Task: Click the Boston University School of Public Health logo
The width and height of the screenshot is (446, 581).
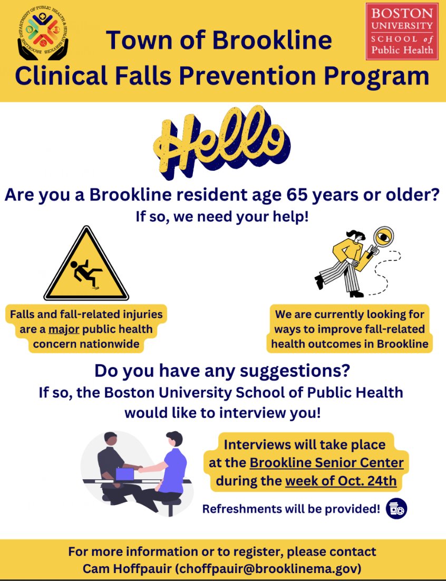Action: click(402, 31)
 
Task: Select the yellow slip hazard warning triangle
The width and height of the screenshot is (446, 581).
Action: click(86, 264)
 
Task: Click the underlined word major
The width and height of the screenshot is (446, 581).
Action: click(64, 329)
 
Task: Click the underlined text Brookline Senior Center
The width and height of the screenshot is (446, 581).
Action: click(326, 462)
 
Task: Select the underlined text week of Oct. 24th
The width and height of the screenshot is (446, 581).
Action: click(341, 481)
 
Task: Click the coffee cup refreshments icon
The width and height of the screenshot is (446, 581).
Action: click(396, 508)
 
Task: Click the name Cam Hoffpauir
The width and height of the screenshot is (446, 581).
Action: click(127, 568)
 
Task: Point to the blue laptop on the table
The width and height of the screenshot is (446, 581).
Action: click(125, 475)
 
